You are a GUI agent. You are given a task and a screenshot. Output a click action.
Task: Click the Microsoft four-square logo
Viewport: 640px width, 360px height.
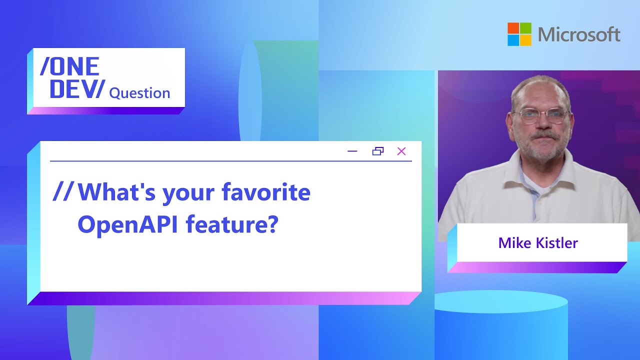(x=519, y=34)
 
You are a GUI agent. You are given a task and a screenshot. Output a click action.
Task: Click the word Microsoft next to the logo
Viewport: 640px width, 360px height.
(x=579, y=34)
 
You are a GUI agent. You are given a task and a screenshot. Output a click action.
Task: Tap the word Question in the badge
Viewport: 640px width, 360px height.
(x=139, y=93)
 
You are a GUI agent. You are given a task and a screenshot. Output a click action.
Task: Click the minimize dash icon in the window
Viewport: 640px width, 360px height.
(x=352, y=151)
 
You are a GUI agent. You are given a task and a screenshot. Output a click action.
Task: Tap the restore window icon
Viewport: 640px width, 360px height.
(x=378, y=151)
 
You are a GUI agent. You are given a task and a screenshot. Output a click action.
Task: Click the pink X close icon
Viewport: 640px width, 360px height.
(x=401, y=151)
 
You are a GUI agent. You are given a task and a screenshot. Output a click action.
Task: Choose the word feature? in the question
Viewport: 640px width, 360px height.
(x=231, y=225)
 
